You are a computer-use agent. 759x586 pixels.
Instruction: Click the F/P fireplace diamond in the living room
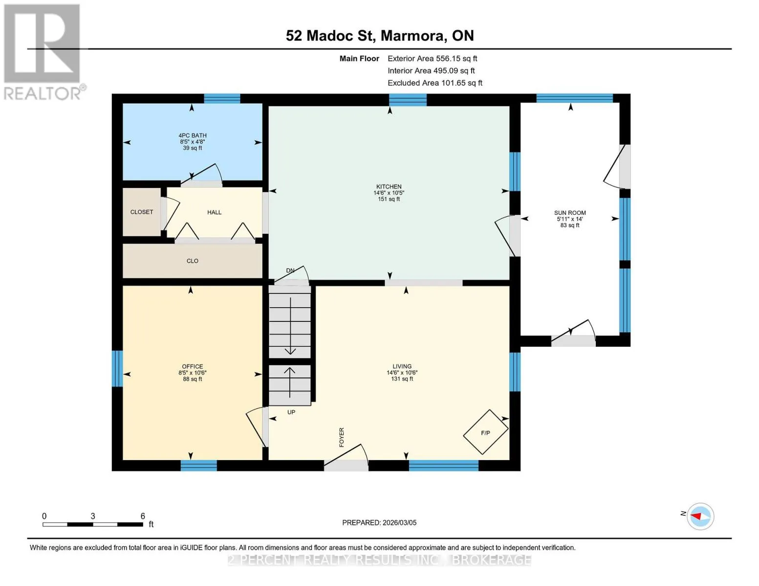tap(485, 432)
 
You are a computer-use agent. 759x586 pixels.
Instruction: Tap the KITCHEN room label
tap(389, 187)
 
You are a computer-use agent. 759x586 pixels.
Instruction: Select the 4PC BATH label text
tap(193, 135)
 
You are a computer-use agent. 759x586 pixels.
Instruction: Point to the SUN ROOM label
tap(570, 213)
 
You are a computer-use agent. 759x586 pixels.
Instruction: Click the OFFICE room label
tap(193, 366)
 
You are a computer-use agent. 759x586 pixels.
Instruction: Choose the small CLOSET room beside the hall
tap(141, 212)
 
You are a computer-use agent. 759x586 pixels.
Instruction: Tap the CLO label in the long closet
tap(193, 261)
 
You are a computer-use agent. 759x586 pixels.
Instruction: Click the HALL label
tap(215, 212)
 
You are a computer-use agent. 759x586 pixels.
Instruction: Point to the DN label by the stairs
tap(290, 271)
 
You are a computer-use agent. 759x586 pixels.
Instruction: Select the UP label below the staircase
tap(291, 412)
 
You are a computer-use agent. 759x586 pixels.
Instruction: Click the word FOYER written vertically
tap(342, 437)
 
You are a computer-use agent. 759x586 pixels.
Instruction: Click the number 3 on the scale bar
tap(93, 516)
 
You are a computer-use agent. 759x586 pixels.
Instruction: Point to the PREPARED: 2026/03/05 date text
tap(379, 523)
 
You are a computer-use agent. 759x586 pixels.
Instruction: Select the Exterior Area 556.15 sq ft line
tap(433, 59)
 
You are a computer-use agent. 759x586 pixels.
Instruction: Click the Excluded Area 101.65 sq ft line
tap(435, 83)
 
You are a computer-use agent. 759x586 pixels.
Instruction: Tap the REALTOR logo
tap(43, 52)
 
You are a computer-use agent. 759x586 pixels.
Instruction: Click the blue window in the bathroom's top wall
tap(222, 99)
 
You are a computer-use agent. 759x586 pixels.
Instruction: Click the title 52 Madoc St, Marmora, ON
tap(380, 36)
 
